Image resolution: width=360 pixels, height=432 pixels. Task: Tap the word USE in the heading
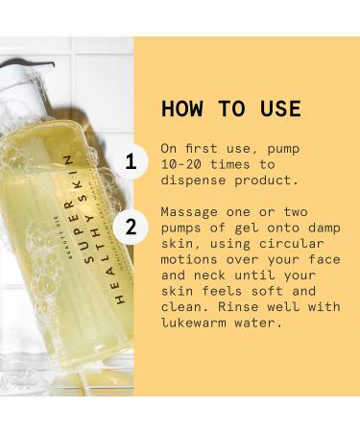(275, 108)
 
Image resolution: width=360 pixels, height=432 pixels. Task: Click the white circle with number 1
(132, 160)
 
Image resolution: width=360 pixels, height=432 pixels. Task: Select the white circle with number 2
(132, 228)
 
